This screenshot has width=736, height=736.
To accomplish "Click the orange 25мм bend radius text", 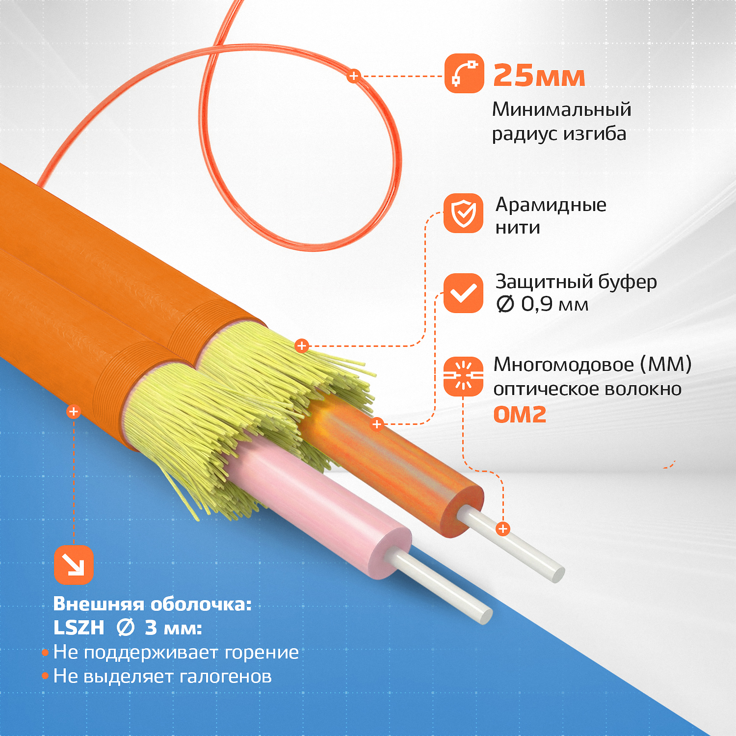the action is click(x=539, y=76).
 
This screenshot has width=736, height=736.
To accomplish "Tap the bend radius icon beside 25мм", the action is click(x=464, y=73).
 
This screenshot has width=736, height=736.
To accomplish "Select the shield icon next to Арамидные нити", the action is click(x=464, y=213).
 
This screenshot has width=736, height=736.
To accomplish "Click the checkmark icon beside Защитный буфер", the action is click(x=464, y=293).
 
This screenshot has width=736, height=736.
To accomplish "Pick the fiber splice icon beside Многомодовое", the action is click(x=464, y=376).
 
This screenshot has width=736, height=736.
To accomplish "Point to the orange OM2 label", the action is click(x=520, y=415).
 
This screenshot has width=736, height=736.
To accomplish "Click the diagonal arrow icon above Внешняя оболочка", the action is click(x=74, y=565).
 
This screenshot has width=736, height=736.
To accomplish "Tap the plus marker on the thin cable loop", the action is click(x=353, y=76).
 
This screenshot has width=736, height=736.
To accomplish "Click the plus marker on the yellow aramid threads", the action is click(x=302, y=346).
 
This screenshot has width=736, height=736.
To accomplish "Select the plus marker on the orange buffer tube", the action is click(x=377, y=424).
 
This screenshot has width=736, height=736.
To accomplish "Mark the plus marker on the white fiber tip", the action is click(x=503, y=529).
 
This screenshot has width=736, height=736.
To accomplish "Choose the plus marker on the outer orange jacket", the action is click(x=74, y=412).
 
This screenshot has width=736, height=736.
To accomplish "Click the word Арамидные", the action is click(x=551, y=205).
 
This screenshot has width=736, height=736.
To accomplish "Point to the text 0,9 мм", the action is click(x=554, y=304).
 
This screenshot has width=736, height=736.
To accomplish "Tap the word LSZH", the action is click(x=79, y=628).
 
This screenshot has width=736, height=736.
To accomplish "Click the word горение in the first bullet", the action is click(x=262, y=653).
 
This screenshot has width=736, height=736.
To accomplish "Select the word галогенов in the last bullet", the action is click(x=226, y=676).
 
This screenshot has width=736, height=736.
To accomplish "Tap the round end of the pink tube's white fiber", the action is click(x=485, y=616).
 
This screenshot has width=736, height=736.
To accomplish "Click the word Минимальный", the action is click(x=562, y=109).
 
